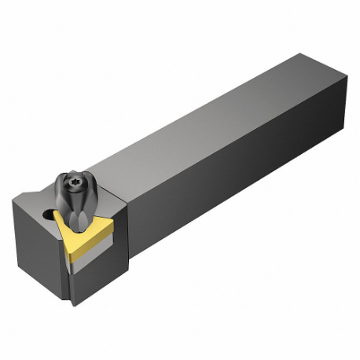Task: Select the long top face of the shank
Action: click(212, 110)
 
